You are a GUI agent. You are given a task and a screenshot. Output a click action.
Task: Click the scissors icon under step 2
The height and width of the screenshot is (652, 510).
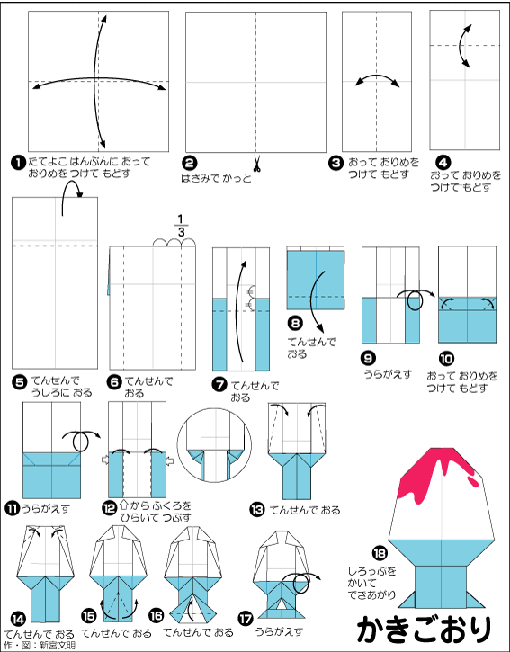pyautogui.click(x=257, y=164)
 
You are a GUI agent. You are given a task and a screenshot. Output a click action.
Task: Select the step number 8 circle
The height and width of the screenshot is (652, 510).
pyautogui.click(x=295, y=323)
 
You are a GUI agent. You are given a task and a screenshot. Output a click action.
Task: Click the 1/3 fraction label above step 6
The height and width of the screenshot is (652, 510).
pyautogui.click(x=181, y=226)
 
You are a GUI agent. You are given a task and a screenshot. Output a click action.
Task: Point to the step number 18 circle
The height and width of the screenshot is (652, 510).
pyautogui.click(x=380, y=553)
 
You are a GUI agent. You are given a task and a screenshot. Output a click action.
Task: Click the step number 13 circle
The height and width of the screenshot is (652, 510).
pyautogui.click(x=257, y=509)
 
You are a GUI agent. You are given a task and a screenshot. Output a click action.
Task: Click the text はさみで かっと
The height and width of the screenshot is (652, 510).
pyautogui.click(x=216, y=179)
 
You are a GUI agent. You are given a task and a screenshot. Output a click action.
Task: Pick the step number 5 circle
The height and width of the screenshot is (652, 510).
pyautogui.click(x=21, y=381)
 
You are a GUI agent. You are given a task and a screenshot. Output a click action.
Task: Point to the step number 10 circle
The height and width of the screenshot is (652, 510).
pyautogui.click(x=446, y=359)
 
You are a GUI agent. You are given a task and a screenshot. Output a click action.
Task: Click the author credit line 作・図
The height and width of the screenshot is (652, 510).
pyautogui.click(x=39, y=646)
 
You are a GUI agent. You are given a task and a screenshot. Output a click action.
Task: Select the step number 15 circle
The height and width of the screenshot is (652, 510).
pyautogui.click(x=88, y=616)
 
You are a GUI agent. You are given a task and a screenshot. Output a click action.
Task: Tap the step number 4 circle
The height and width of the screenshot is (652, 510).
pyautogui.click(x=443, y=163)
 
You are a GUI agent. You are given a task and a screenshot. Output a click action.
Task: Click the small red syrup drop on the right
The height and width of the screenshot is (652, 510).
pyautogui.click(x=473, y=481)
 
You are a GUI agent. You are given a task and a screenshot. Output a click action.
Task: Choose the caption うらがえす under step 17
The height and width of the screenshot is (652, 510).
pyautogui.click(x=279, y=631)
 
